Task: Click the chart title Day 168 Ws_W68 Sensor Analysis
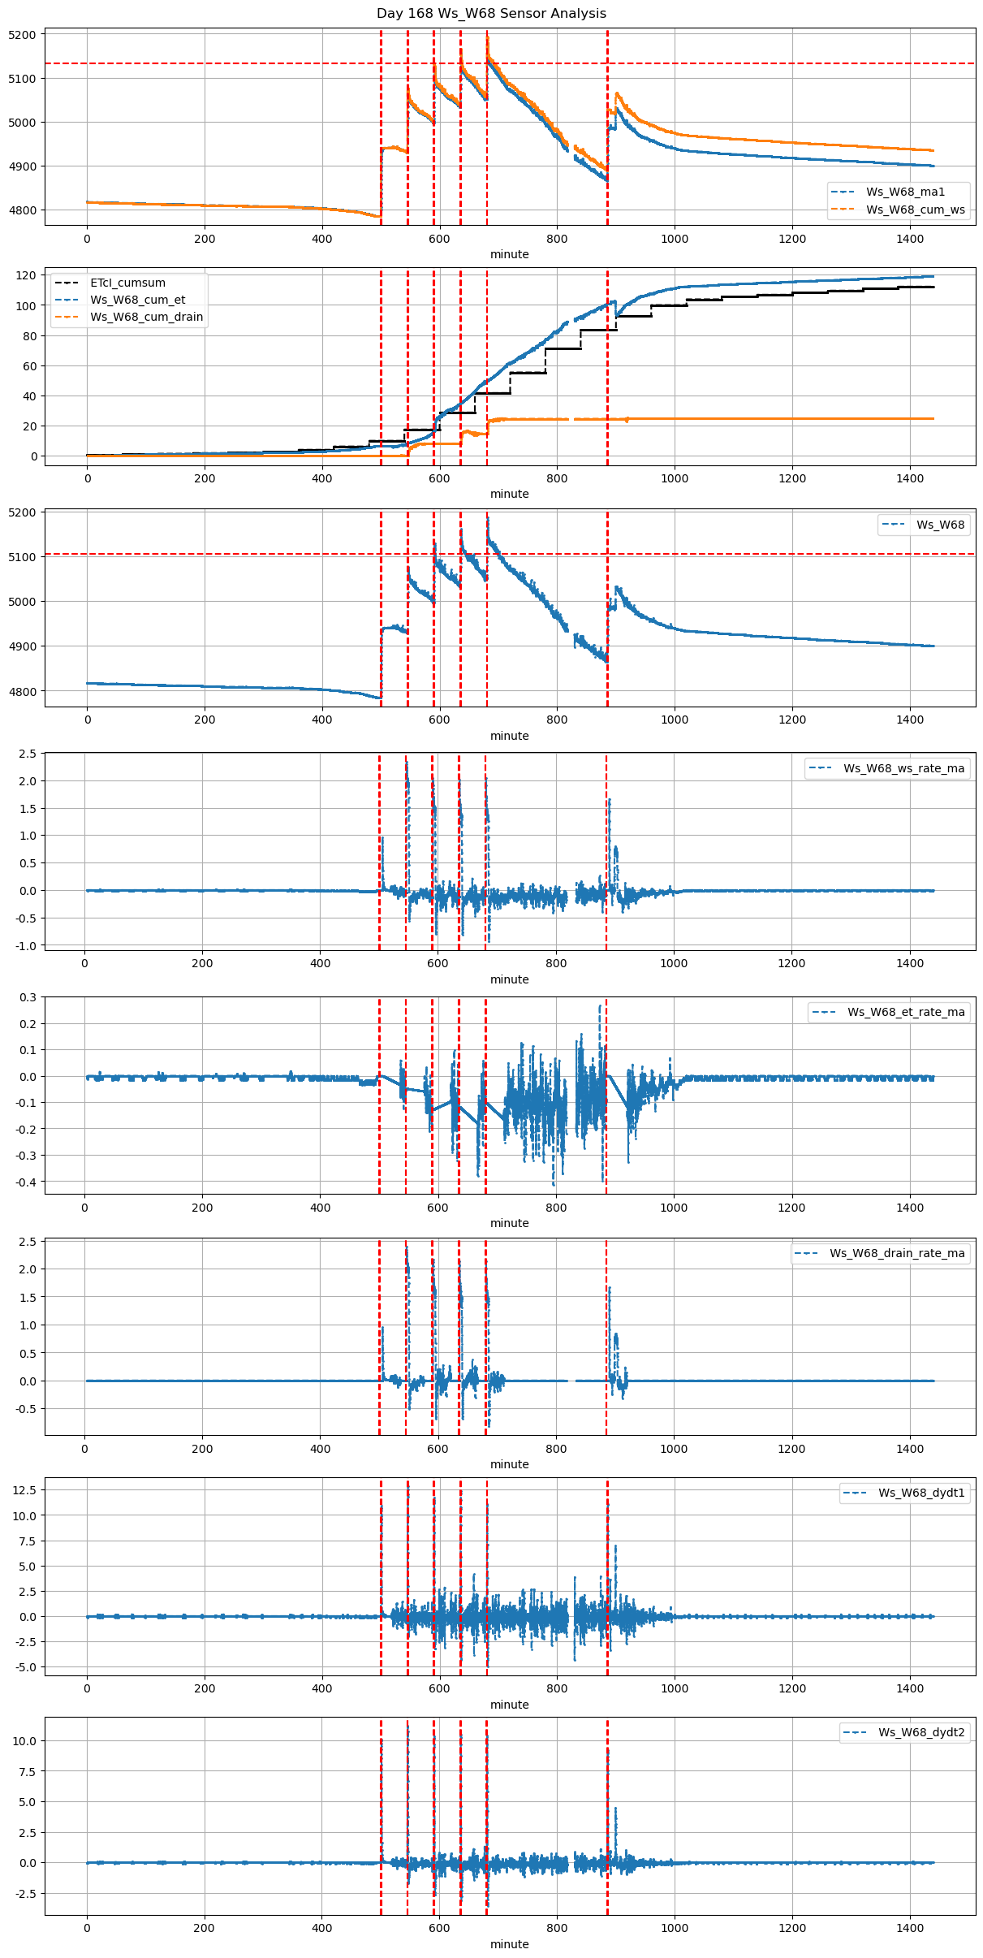[x=491, y=14]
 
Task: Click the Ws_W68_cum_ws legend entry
[x=915, y=210]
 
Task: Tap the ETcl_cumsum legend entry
[x=127, y=283]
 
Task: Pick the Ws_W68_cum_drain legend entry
[x=146, y=318]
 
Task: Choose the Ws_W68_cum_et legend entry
[x=137, y=300]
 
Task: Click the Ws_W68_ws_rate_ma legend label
[x=903, y=768]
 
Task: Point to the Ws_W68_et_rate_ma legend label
[x=906, y=1012]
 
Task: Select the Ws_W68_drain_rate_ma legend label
[x=897, y=1253]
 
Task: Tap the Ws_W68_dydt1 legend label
[x=921, y=1493]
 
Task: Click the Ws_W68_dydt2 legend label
[x=921, y=1732]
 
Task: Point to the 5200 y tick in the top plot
[x=22, y=35]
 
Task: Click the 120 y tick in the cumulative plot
[x=27, y=275]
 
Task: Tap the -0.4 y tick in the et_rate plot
[x=26, y=1182]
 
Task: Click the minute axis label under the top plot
[x=509, y=254]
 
